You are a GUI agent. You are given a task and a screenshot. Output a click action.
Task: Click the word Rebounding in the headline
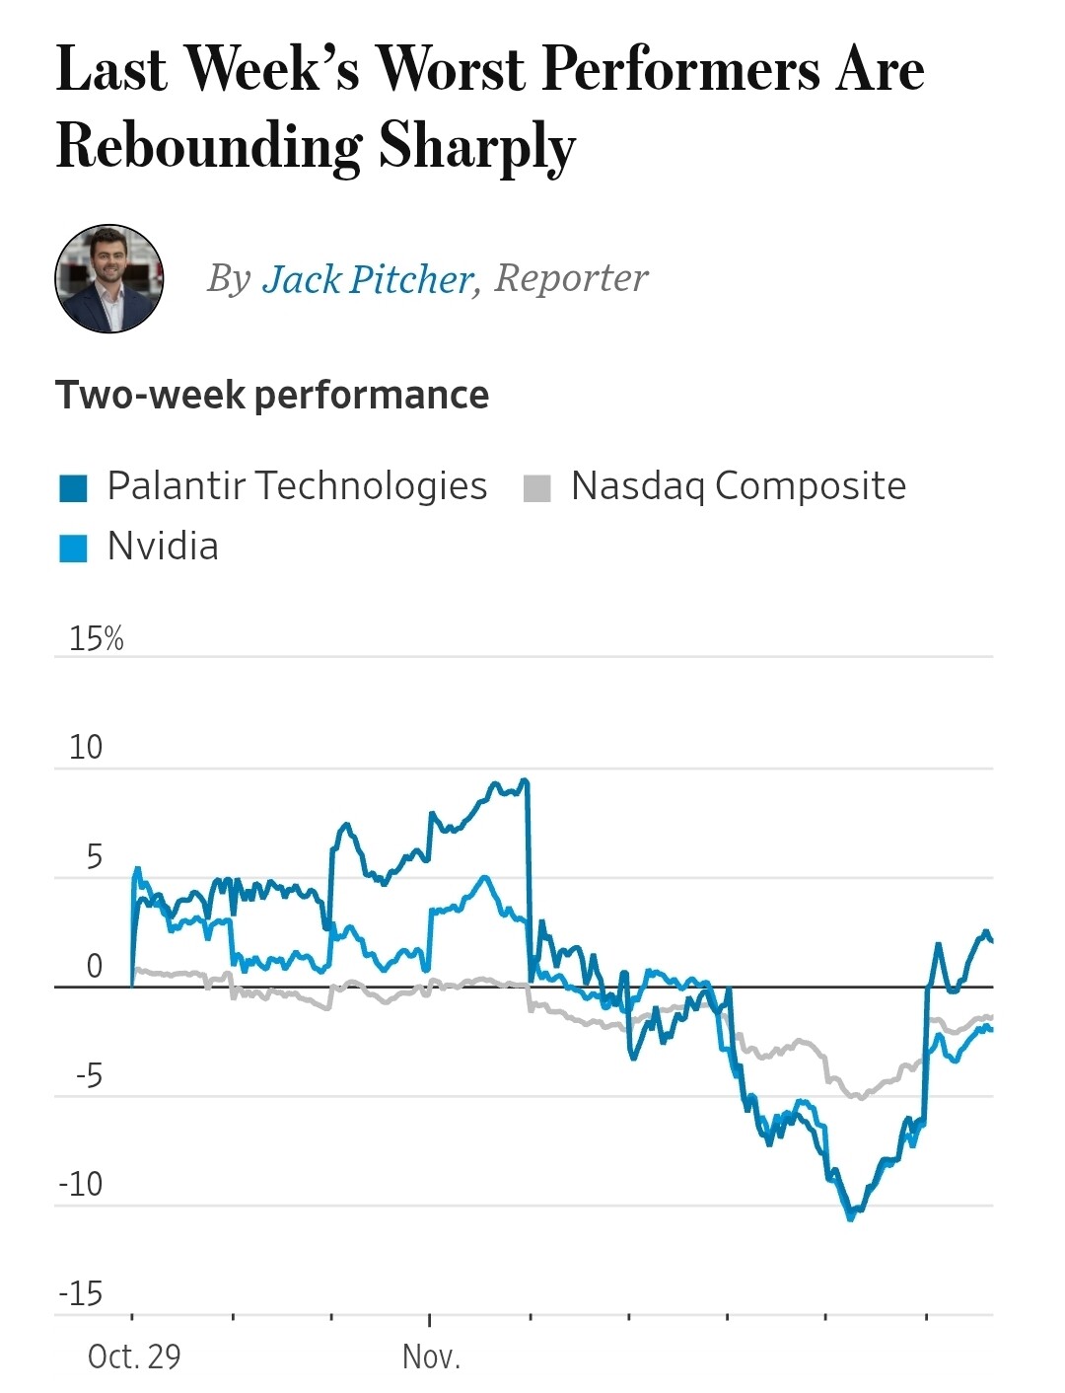pyautogui.click(x=209, y=146)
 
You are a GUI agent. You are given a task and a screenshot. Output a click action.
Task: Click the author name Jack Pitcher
pyautogui.click(x=367, y=279)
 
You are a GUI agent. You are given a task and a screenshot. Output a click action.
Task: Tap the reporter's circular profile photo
pyautogui.click(x=108, y=278)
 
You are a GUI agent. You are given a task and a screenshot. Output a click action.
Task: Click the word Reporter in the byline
pyautogui.click(x=571, y=278)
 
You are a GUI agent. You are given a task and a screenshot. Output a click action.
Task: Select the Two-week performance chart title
pyautogui.click(x=272, y=395)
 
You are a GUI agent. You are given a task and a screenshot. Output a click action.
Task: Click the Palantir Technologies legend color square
pyautogui.click(x=74, y=487)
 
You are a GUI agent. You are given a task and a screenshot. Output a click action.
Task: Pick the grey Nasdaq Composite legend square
pyautogui.click(x=536, y=487)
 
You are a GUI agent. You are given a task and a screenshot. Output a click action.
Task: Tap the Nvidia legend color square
pyautogui.click(x=74, y=548)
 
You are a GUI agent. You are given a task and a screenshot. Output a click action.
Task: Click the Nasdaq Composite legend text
pyautogui.click(x=738, y=486)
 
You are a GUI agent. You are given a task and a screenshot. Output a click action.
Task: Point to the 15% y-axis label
pyautogui.click(x=96, y=639)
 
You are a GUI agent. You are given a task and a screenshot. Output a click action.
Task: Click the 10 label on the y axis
pyautogui.click(x=86, y=748)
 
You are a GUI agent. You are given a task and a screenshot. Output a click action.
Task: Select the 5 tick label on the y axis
pyautogui.click(x=94, y=857)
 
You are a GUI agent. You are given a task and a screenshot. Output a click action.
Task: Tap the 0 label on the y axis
pyautogui.click(x=94, y=966)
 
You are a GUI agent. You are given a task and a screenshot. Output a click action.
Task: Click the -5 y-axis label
pyautogui.click(x=89, y=1075)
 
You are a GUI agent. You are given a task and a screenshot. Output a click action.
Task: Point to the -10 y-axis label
pyautogui.click(x=81, y=1184)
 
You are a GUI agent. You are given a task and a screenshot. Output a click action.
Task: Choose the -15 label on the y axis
pyautogui.click(x=81, y=1293)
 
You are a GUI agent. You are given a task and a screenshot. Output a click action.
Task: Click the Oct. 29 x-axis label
pyautogui.click(x=134, y=1356)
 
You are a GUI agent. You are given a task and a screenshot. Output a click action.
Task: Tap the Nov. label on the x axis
pyautogui.click(x=431, y=1356)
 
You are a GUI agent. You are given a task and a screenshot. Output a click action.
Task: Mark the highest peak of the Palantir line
pyautogui.click(x=524, y=780)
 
